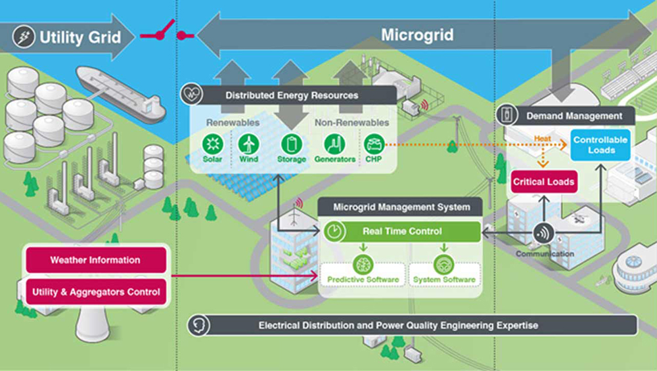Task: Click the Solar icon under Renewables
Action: click(x=212, y=143)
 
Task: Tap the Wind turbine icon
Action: click(x=249, y=143)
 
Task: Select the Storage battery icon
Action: click(x=290, y=143)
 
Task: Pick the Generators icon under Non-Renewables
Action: click(x=335, y=143)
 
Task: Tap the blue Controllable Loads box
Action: click(x=600, y=144)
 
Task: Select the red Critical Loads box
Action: click(x=543, y=182)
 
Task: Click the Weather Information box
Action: click(x=95, y=260)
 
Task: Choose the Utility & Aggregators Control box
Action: click(x=95, y=292)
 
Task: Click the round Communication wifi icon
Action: click(x=543, y=233)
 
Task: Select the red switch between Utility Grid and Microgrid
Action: click(x=163, y=32)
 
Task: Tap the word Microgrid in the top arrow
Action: click(x=417, y=35)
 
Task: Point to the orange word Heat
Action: click(x=543, y=139)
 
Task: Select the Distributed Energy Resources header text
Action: click(x=292, y=95)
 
